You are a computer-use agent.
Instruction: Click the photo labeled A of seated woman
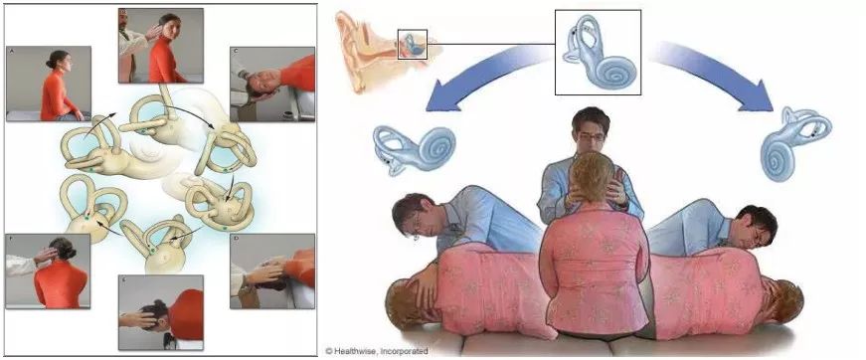click(x=49, y=83)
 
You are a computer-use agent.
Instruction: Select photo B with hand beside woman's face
click(x=160, y=45)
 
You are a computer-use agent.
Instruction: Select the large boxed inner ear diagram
click(x=597, y=52)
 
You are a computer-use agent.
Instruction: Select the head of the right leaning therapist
click(x=750, y=229)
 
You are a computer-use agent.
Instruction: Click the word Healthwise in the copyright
click(x=366, y=351)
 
